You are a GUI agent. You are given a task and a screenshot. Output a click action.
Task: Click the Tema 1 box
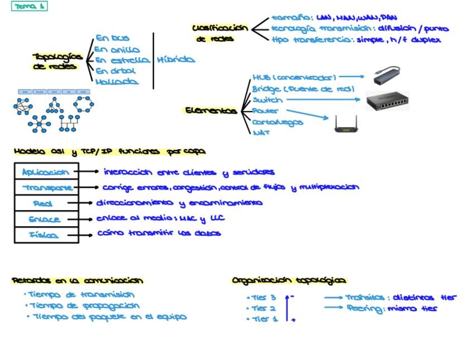[x=30, y=7]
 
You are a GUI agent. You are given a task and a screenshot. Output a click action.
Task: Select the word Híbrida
[x=176, y=60]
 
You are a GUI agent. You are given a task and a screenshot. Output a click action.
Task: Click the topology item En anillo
[x=117, y=50]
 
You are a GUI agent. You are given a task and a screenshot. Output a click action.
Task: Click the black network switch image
[x=388, y=101]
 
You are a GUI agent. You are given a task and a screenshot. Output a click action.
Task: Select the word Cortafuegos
[x=277, y=122]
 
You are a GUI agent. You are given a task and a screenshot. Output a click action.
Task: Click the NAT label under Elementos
[x=261, y=133]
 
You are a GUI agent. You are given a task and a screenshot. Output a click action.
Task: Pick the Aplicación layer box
[x=46, y=172]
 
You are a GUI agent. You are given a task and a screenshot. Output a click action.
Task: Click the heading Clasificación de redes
[x=219, y=33]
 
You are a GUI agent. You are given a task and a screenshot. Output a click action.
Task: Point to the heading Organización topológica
[x=288, y=280]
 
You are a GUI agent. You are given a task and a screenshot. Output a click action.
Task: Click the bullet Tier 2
[x=263, y=308]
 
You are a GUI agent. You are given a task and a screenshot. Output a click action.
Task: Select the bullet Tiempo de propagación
[x=84, y=305]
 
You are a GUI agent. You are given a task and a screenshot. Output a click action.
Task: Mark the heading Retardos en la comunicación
[x=78, y=280]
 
